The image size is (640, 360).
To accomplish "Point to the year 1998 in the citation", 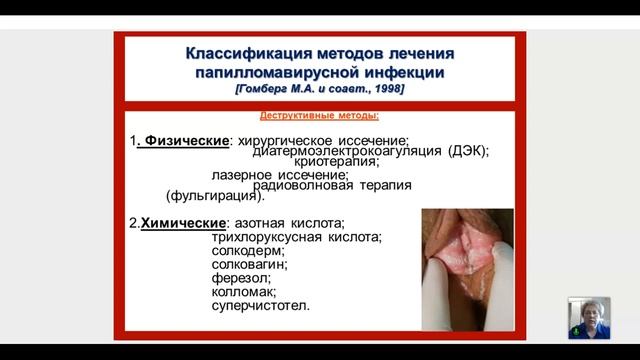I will [x=386, y=88].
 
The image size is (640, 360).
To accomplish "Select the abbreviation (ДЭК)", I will [x=463, y=151].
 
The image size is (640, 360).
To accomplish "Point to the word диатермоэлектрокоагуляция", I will [x=333, y=151].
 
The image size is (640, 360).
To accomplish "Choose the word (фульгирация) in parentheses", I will [x=215, y=196].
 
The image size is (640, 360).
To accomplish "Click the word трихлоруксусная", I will [x=266, y=237].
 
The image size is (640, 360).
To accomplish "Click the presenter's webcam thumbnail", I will [x=589, y=317].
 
